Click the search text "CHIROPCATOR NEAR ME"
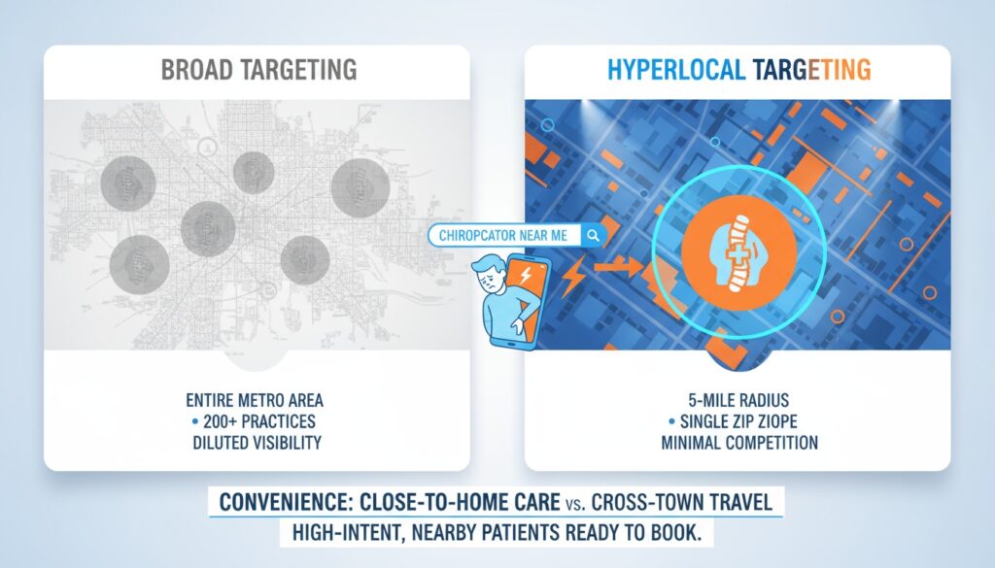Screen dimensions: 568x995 pyautogui.click(x=506, y=235)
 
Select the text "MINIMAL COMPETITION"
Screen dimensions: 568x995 pyautogui.click(x=738, y=443)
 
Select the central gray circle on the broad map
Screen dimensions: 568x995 pyautogui.click(x=208, y=229)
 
